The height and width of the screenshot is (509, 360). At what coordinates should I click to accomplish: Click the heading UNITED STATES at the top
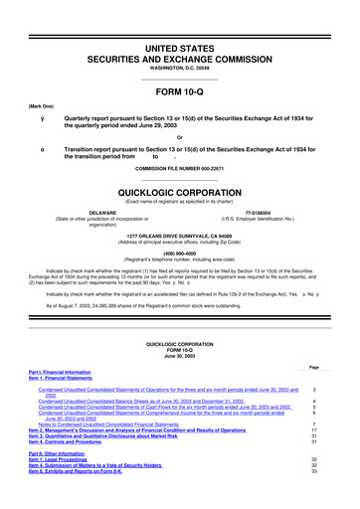click(179, 21)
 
